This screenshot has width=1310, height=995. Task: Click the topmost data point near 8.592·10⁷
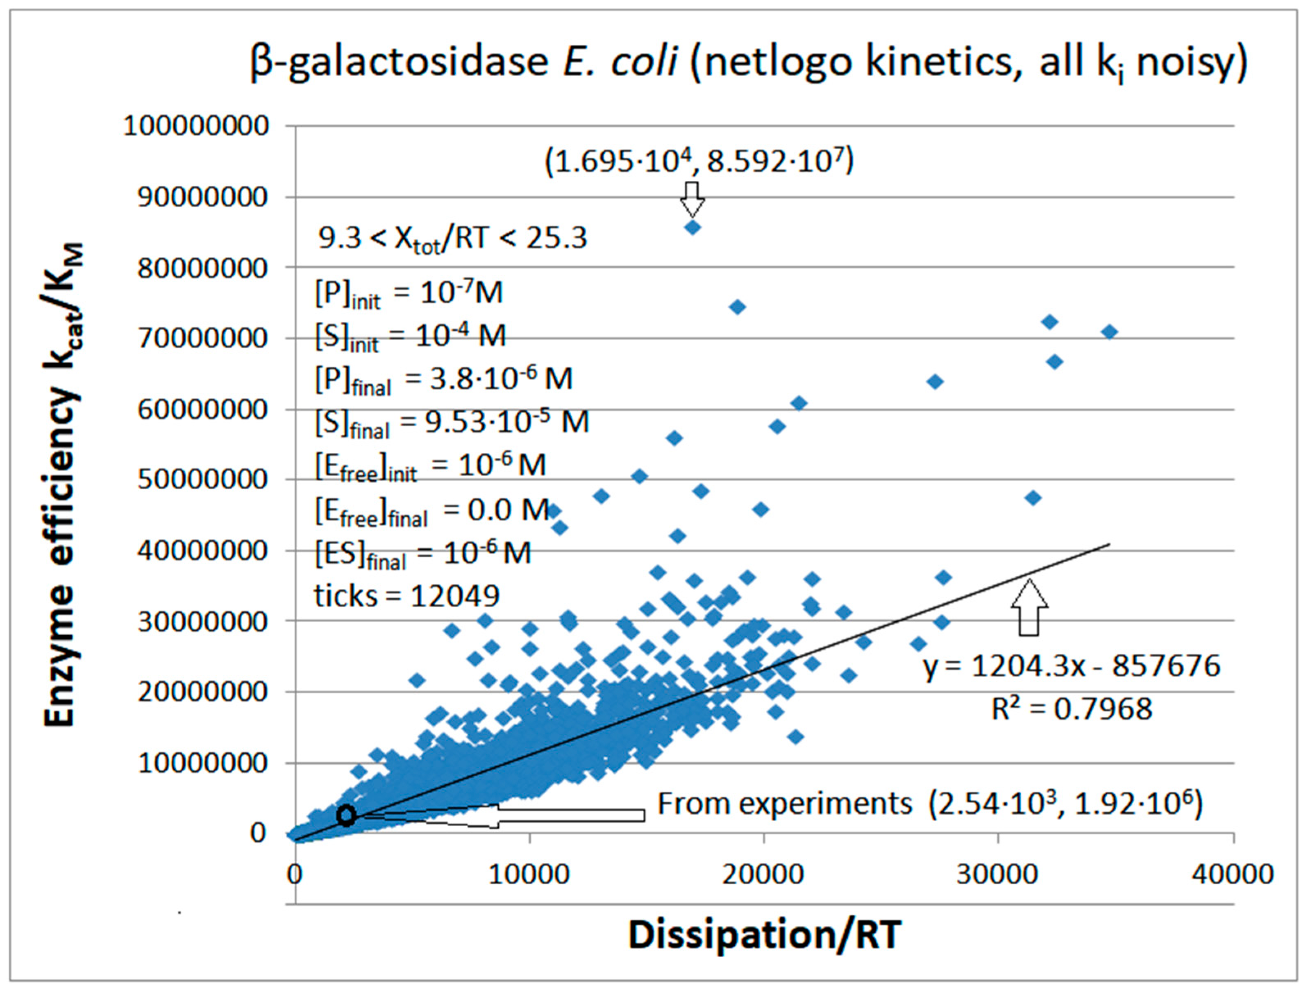692,227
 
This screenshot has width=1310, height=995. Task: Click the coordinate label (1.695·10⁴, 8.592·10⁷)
699,161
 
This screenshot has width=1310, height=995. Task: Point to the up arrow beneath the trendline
1029,608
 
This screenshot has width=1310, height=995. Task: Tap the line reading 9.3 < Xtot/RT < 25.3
452,239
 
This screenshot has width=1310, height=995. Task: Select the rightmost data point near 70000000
1110,332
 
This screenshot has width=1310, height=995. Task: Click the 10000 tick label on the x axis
529,874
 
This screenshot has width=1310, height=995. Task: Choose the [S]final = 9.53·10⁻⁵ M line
451,423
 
